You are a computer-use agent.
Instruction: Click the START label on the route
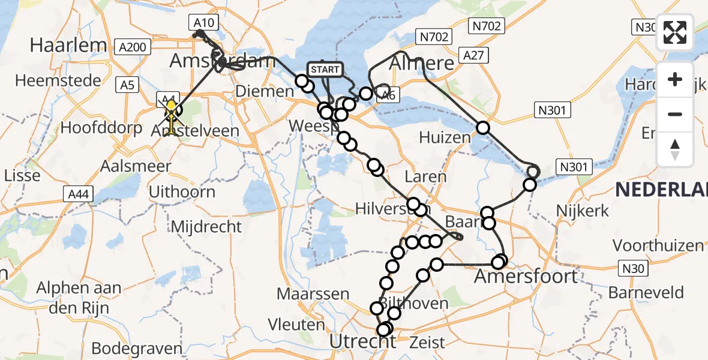(x=325, y=70)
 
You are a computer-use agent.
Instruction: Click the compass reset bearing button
(x=675, y=149)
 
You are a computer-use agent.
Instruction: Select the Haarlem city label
(x=68, y=45)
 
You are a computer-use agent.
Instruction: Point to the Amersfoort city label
(x=526, y=277)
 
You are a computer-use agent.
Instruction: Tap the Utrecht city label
(x=363, y=341)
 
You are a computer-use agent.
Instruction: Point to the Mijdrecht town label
(x=206, y=227)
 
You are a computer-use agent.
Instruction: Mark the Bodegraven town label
(x=136, y=349)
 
